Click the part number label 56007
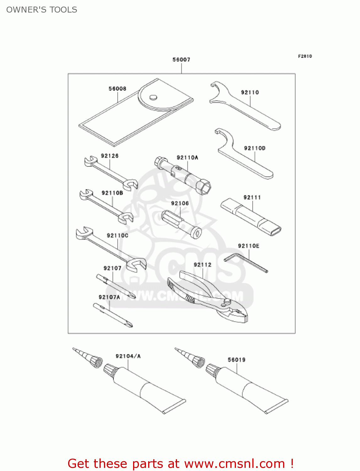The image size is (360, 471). (x=181, y=60)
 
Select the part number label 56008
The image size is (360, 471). (x=117, y=89)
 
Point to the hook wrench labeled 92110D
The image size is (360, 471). (x=245, y=157)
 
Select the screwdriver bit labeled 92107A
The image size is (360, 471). (x=113, y=315)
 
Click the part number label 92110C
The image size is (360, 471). (x=117, y=235)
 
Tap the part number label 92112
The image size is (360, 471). (x=202, y=265)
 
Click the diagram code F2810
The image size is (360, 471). (x=305, y=56)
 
